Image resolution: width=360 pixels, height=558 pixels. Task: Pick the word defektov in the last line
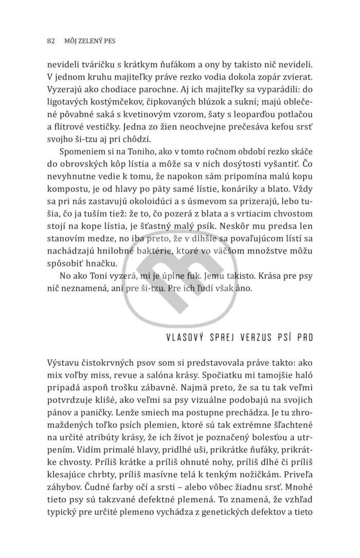pos(282,524)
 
